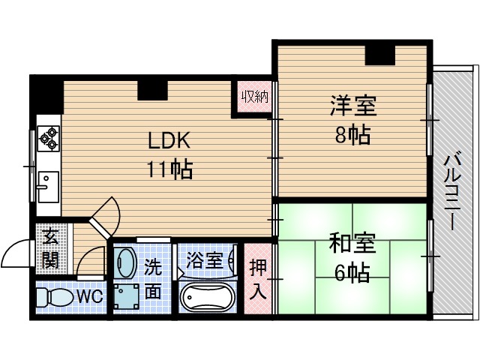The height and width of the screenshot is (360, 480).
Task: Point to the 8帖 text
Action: pyautogui.click(x=352, y=136)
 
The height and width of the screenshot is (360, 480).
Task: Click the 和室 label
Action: pyautogui.click(x=352, y=244)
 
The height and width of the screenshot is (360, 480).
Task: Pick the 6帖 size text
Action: pyautogui.click(x=352, y=273)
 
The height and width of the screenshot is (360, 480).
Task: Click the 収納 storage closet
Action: pyautogui.click(x=254, y=97)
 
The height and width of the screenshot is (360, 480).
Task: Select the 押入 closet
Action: pyautogui.click(x=257, y=280)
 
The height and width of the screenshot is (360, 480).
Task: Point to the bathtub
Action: pyautogui.click(x=208, y=298)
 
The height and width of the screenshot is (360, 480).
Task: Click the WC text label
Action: pyautogui.click(x=90, y=296)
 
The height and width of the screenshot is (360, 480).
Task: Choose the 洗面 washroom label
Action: pyautogui.click(x=152, y=278)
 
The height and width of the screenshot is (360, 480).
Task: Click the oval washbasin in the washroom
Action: pyautogui.click(x=125, y=262)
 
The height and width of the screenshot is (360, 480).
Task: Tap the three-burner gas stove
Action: pyautogui.click(x=48, y=136)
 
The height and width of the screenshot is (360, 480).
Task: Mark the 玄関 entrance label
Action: pyautogui.click(x=50, y=248)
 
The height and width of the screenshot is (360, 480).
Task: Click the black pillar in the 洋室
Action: pyautogui.click(x=380, y=55)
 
